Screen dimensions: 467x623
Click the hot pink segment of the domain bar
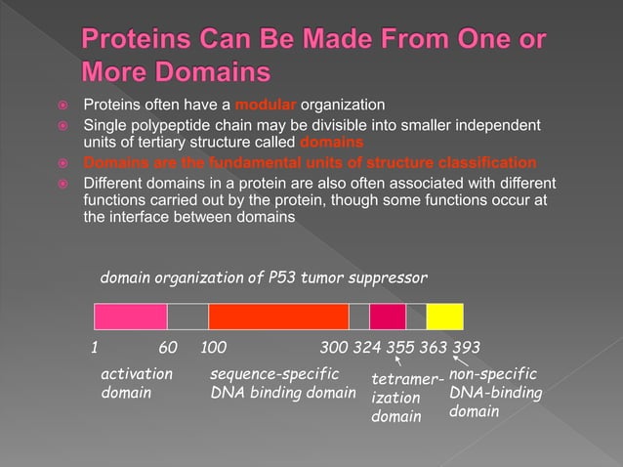130,317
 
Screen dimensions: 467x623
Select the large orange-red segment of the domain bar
278,317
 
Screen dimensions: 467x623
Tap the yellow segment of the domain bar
444,317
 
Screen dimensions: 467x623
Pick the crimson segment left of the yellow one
388,317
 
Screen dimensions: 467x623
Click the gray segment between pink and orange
187,317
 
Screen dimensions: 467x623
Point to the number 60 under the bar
167,349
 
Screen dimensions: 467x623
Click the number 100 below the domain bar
214,349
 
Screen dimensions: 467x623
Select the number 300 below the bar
335,349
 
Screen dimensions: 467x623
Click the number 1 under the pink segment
95,349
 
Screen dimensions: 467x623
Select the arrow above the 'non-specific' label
457,364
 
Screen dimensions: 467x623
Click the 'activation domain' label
138,384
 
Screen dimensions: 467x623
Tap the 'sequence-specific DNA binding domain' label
282,384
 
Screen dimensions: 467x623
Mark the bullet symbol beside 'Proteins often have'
62,106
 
